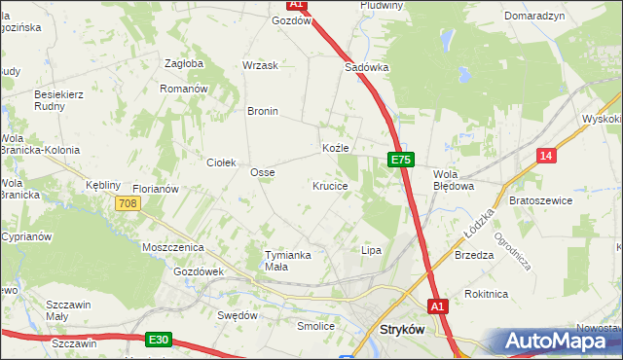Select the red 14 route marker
547,156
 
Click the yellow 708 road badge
128,203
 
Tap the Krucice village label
330,185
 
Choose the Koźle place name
335,148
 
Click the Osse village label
263,172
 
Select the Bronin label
263,111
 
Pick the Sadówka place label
367,68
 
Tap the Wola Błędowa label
453,179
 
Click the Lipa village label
371,250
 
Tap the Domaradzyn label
535,17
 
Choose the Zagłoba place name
184,63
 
